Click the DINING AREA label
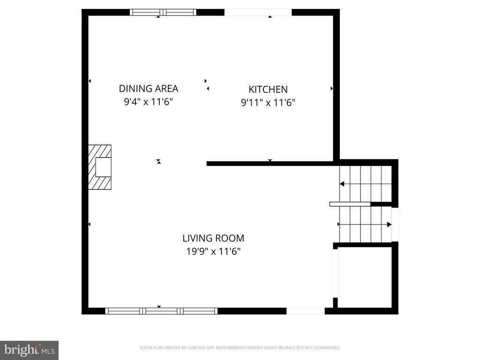tap(148, 89)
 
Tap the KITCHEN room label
tap(268, 90)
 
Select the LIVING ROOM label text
tap(213, 238)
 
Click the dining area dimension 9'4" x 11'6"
tap(148, 102)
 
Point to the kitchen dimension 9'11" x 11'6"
tap(268, 103)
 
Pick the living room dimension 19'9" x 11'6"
tap(213, 251)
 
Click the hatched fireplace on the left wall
tap(100, 167)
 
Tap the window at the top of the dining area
tap(163, 13)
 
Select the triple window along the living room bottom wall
tap(161, 311)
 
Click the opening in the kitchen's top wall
tap(258, 13)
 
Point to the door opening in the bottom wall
tap(305, 311)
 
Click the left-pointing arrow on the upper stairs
tap(342, 184)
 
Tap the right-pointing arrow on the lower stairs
tap(389, 225)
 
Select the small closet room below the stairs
tap(364, 277)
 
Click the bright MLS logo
tap(29, 350)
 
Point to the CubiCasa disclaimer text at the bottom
tap(240, 348)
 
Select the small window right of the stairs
tap(395, 224)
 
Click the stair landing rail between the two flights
tap(350, 204)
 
